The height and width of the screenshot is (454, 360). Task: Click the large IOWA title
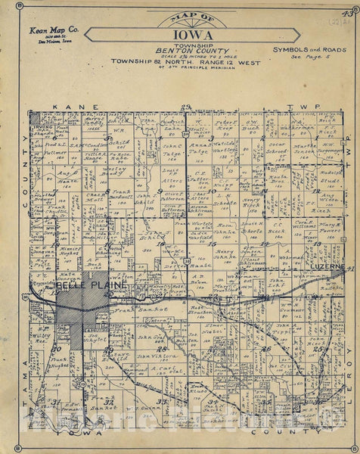point(181,34)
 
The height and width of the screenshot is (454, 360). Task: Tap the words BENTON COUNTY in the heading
point(182,50)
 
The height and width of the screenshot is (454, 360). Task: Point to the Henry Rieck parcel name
point(252,203)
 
